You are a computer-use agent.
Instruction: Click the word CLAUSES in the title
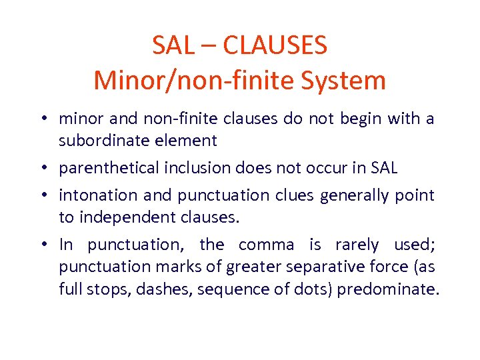pyautogui.click(x=275, y=46)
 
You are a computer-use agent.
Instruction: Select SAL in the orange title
pyautogui.click(x=173, y=46)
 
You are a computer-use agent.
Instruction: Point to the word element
pyautogui.click(x=187, y=141)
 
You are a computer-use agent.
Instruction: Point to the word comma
pyautogui.click(x=267, y=245)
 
